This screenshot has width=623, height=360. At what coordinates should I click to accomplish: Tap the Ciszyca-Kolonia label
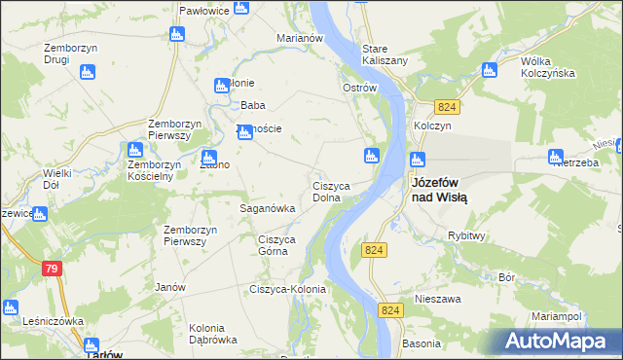point(287,289)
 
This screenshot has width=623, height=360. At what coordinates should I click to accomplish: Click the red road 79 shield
point(53,269)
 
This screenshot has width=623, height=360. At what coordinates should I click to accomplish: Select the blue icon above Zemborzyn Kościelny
point(135,150)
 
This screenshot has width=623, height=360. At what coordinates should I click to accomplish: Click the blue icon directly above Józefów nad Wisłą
point(418,160)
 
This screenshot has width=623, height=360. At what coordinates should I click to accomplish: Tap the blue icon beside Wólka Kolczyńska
point(490,70)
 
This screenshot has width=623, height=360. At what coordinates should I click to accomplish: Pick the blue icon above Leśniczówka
point(10,307)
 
